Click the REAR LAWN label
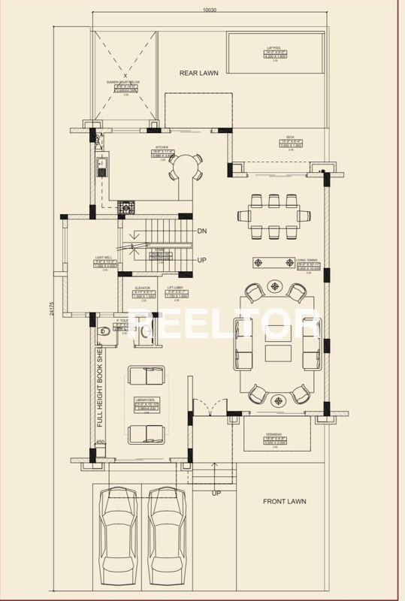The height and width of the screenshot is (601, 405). (x=198, y=73)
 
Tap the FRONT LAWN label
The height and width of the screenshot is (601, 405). (x=284, y=501)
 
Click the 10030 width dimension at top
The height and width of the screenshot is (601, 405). (x=210, y=10)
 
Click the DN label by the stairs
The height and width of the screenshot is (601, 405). (x=201, y=231)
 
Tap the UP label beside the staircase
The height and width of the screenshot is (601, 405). (x=201, y=259)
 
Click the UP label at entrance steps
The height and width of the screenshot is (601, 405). (x=216, y=493)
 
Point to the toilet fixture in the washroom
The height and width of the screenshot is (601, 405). (x=105, y=330)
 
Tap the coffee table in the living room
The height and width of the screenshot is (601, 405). (x=278, y=353)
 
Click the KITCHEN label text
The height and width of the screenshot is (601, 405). (x=162, y=147)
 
